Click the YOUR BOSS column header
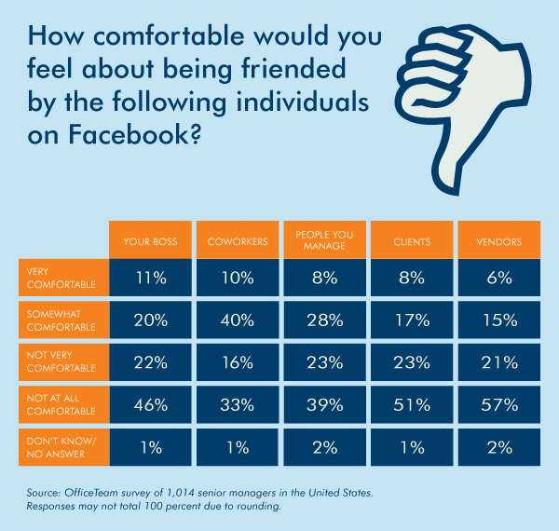pos(150,241)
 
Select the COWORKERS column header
pos(238,241)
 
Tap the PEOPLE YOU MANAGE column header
pos(324,241)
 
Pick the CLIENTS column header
pos(412,241)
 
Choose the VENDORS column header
pos(498,241)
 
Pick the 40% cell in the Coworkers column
pos(238,319)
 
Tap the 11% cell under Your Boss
pos(150,277)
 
